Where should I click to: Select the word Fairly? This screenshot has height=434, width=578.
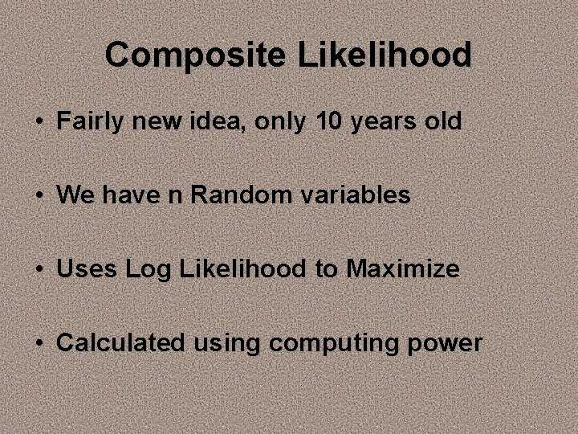point(89,121)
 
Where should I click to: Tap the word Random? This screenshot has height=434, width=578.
point(227,194)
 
